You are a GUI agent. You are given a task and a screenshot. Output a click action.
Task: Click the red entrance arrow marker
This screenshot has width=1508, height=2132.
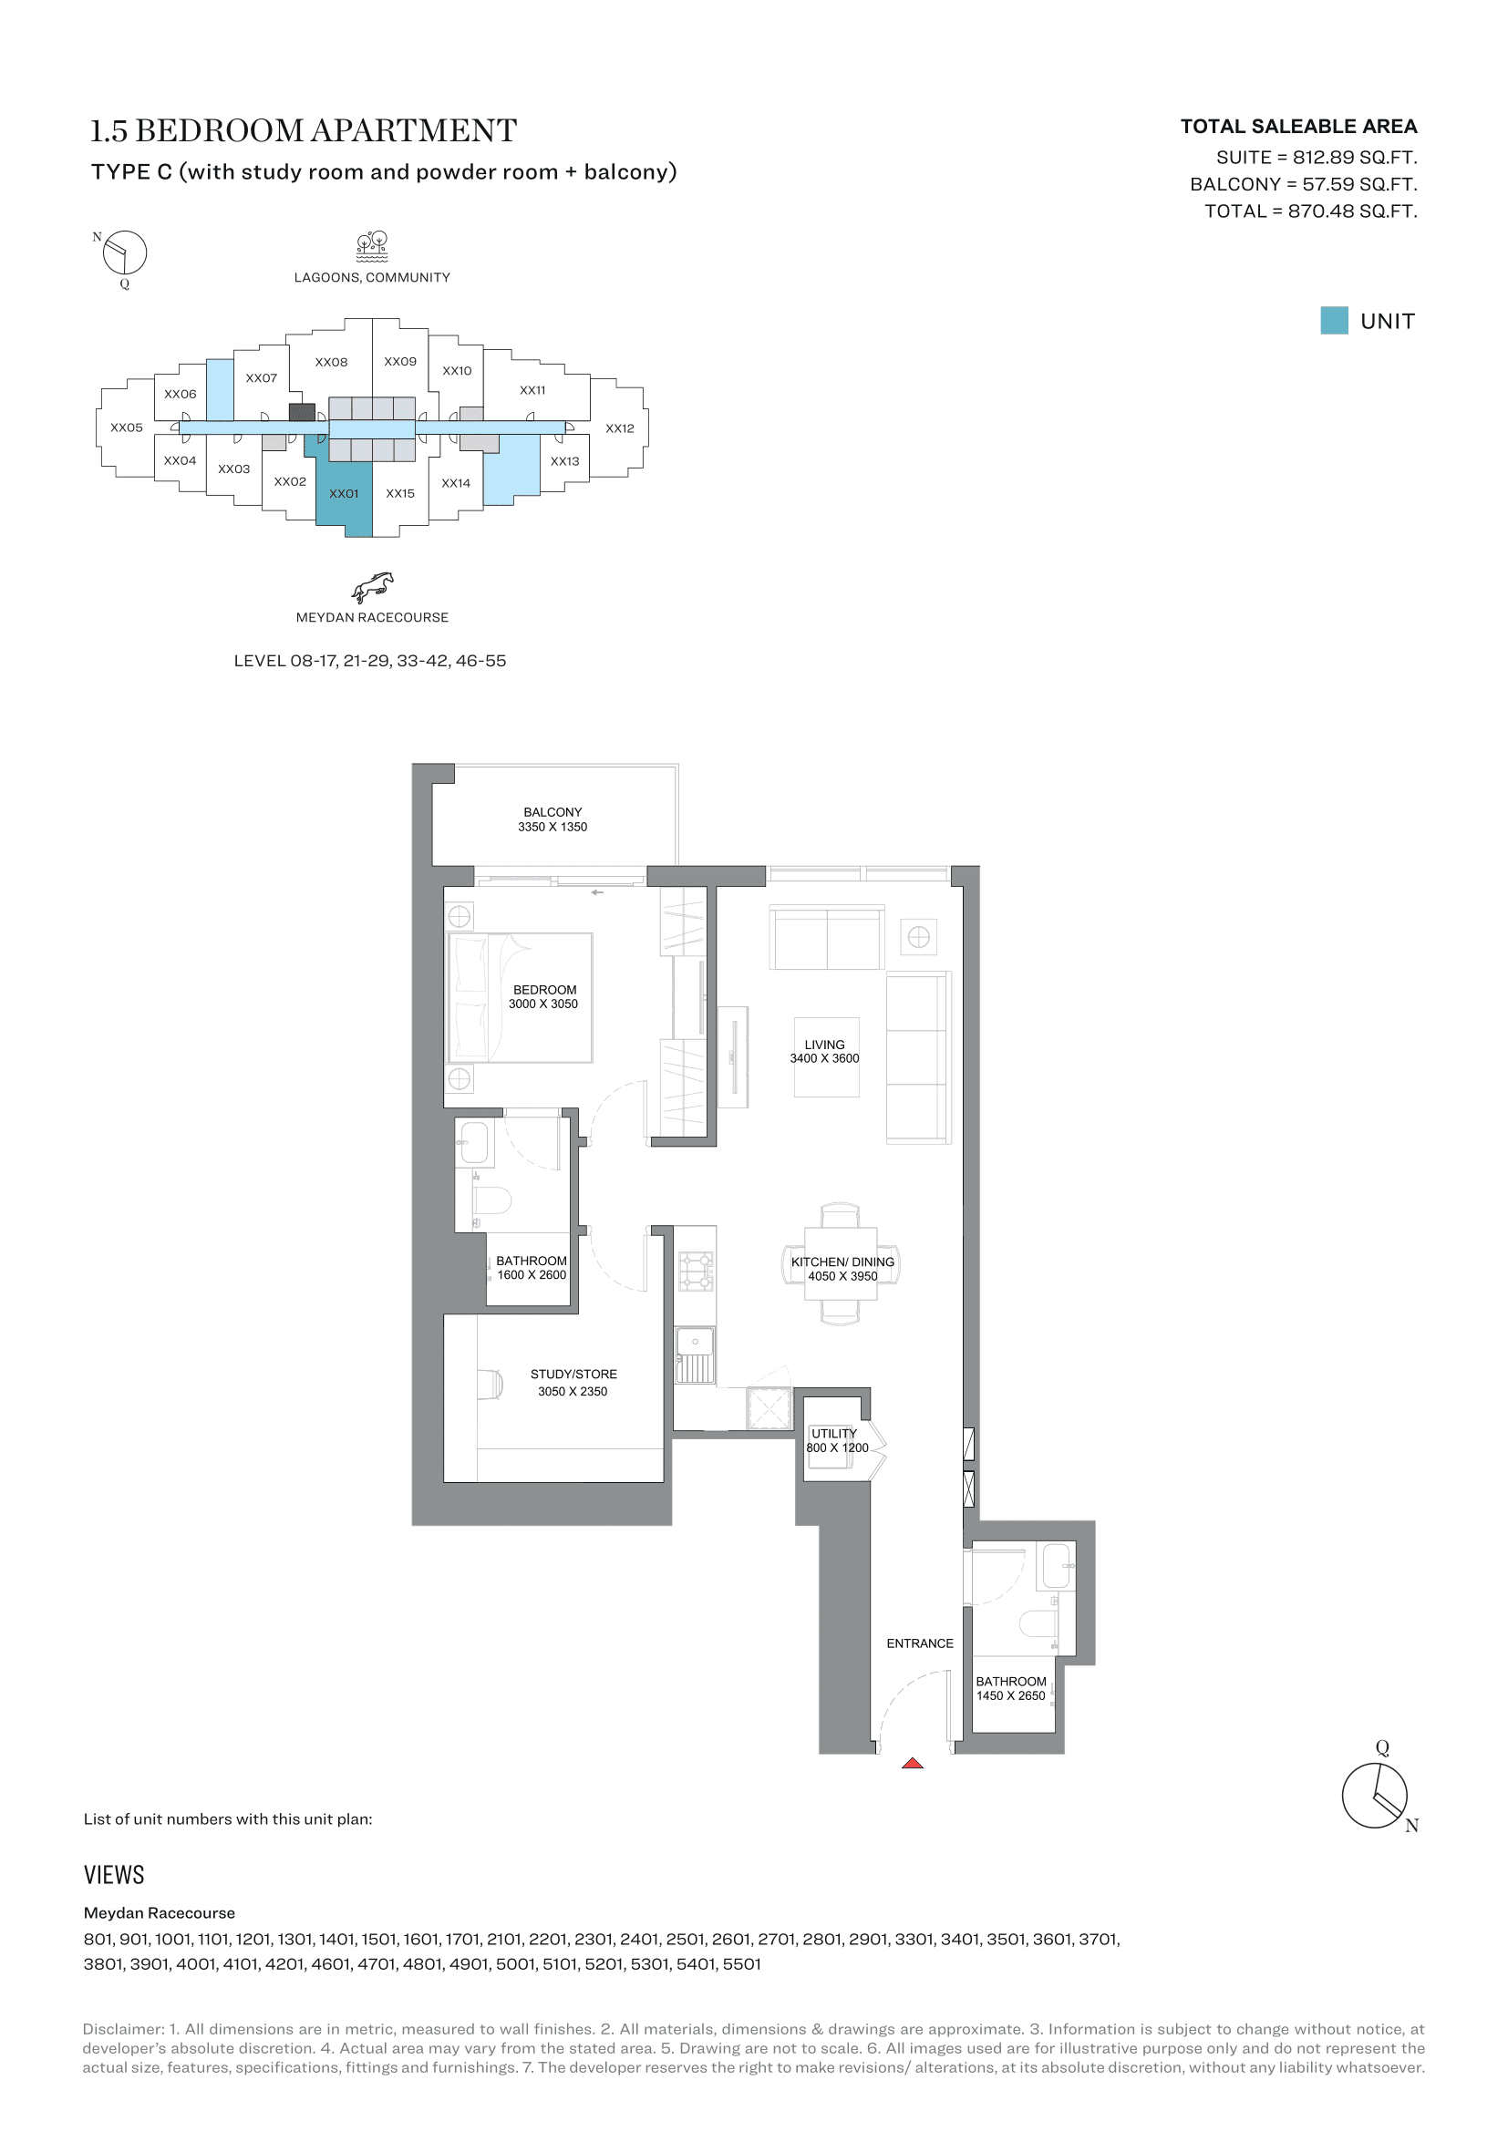(x=912, y=1763)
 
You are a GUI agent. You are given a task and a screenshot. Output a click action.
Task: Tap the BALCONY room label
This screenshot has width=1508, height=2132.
(x=553, y=811)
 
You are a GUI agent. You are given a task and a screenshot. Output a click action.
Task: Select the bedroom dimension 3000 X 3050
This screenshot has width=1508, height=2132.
(x=543, y=1004)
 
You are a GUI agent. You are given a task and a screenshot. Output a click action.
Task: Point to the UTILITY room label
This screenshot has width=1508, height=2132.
(x=834, y=1433)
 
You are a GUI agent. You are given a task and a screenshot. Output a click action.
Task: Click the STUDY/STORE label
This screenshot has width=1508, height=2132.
(x=573, y=1374)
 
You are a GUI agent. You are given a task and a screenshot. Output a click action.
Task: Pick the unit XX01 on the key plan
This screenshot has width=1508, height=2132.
(x=344, y=493)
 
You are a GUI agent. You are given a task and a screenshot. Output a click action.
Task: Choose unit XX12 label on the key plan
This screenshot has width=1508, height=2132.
(x=619, y=428)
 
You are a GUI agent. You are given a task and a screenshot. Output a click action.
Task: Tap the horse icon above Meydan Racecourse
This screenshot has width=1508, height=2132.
(x=372, y=588)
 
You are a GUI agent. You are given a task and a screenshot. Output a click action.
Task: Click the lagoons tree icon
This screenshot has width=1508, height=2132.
(x=372, y=246)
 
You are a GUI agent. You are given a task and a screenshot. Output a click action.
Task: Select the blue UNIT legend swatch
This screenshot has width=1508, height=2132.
(x=1334, y=320)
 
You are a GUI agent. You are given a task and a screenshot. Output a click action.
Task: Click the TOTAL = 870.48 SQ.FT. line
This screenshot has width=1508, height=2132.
(x=1310, y=211)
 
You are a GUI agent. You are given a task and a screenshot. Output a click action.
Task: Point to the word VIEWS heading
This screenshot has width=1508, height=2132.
(x=114, y=1875)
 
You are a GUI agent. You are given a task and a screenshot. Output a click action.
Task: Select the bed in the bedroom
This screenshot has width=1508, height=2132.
(x=520, y=997)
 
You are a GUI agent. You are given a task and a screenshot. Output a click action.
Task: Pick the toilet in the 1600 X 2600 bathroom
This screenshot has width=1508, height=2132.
(x=492, y=1200)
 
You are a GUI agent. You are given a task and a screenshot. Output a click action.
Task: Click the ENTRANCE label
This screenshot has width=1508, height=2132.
(x=919, y=1643)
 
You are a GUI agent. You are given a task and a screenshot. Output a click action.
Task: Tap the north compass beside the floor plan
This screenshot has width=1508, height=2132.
(x=1376, y=1793)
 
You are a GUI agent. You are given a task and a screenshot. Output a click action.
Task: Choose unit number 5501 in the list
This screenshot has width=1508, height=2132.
(x=741, y=1964)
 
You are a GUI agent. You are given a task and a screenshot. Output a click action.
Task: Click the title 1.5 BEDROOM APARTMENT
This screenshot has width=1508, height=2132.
(x=303, y=130)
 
